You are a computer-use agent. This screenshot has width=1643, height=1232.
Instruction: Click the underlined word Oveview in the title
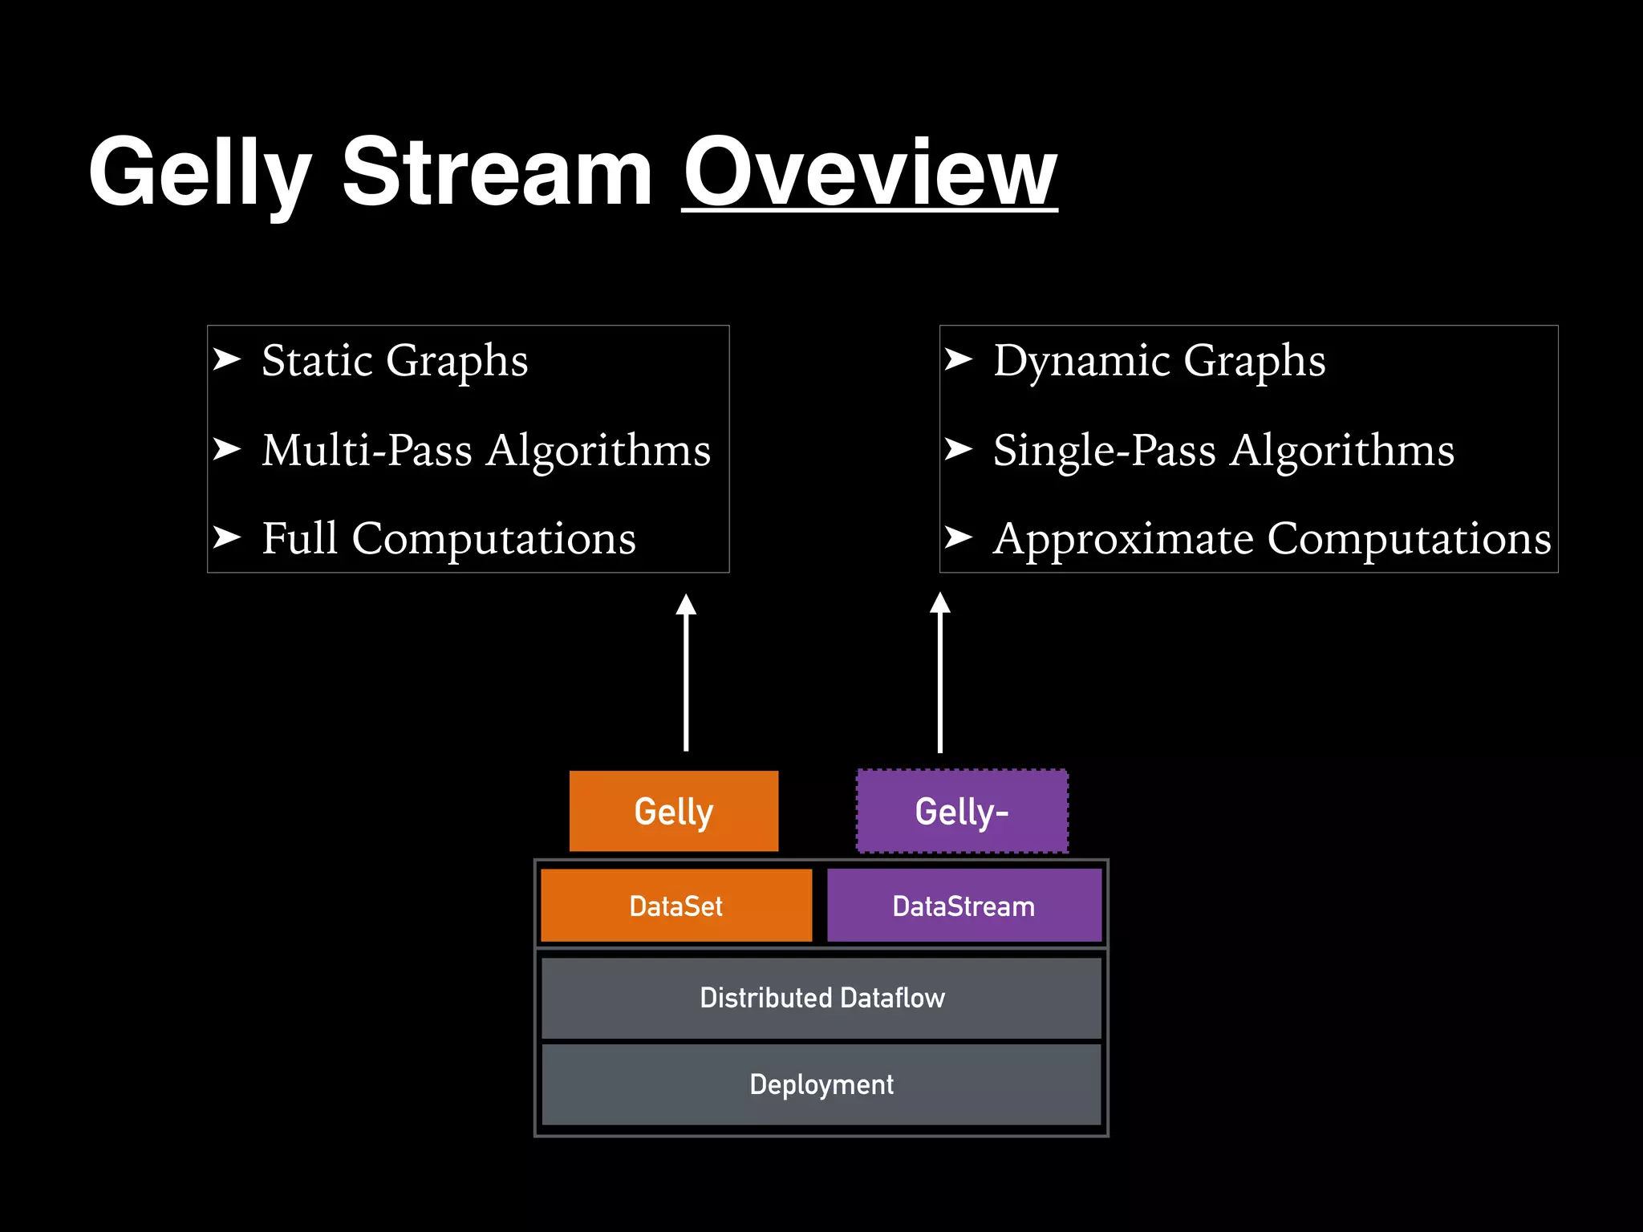870,172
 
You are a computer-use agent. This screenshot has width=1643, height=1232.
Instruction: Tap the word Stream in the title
497,172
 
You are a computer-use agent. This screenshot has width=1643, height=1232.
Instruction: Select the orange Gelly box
674,811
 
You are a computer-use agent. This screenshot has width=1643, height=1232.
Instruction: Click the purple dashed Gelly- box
962,811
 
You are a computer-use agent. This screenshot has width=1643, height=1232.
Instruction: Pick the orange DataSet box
676,906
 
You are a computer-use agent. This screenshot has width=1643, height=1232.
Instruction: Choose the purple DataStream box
963,906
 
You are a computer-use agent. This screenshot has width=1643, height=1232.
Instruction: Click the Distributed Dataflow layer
821,998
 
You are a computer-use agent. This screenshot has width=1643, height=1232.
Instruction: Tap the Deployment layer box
821,1084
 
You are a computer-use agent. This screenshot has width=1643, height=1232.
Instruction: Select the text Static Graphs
395,361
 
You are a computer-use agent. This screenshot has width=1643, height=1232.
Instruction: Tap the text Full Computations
448,538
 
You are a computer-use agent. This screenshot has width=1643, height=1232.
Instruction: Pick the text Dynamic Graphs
1159,361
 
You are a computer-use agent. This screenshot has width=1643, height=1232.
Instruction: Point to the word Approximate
1123,539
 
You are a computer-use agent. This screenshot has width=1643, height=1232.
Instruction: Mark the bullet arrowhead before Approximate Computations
959,537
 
